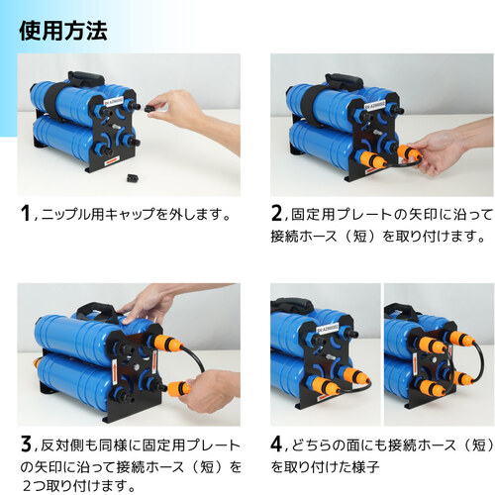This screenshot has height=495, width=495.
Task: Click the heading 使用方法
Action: (x=63, y=32)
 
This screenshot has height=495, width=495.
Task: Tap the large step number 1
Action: (x=26, y=213)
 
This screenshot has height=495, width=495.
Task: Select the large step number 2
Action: (x=276, y=213)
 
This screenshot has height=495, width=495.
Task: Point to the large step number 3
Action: (x=26, y=444)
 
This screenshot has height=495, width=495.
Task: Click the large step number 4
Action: (x=276, y=444)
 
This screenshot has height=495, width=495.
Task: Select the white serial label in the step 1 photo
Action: (x=114, y=100)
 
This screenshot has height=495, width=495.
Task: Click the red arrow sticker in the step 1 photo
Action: (x=112, y=161)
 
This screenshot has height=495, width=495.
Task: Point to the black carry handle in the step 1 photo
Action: (x=86, y=79)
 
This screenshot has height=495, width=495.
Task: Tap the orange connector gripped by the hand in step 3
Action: (x=178, y=388)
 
